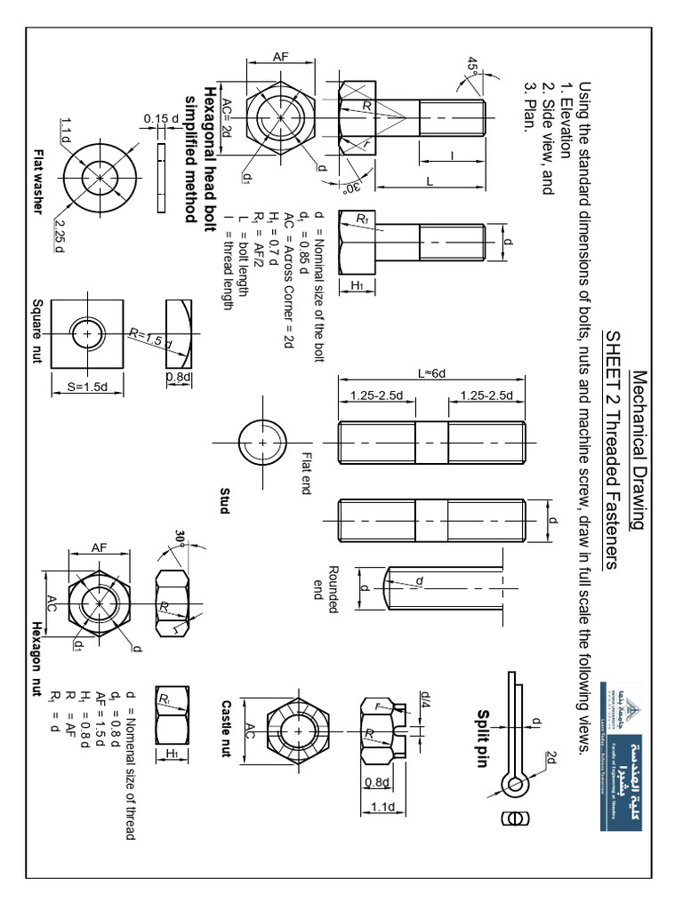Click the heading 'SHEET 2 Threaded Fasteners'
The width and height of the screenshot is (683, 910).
click(613, 449)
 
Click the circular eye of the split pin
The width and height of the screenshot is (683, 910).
click(515, 785)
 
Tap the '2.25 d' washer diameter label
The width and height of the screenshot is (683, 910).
click(58, 233)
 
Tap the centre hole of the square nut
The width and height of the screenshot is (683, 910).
click(88, 334)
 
